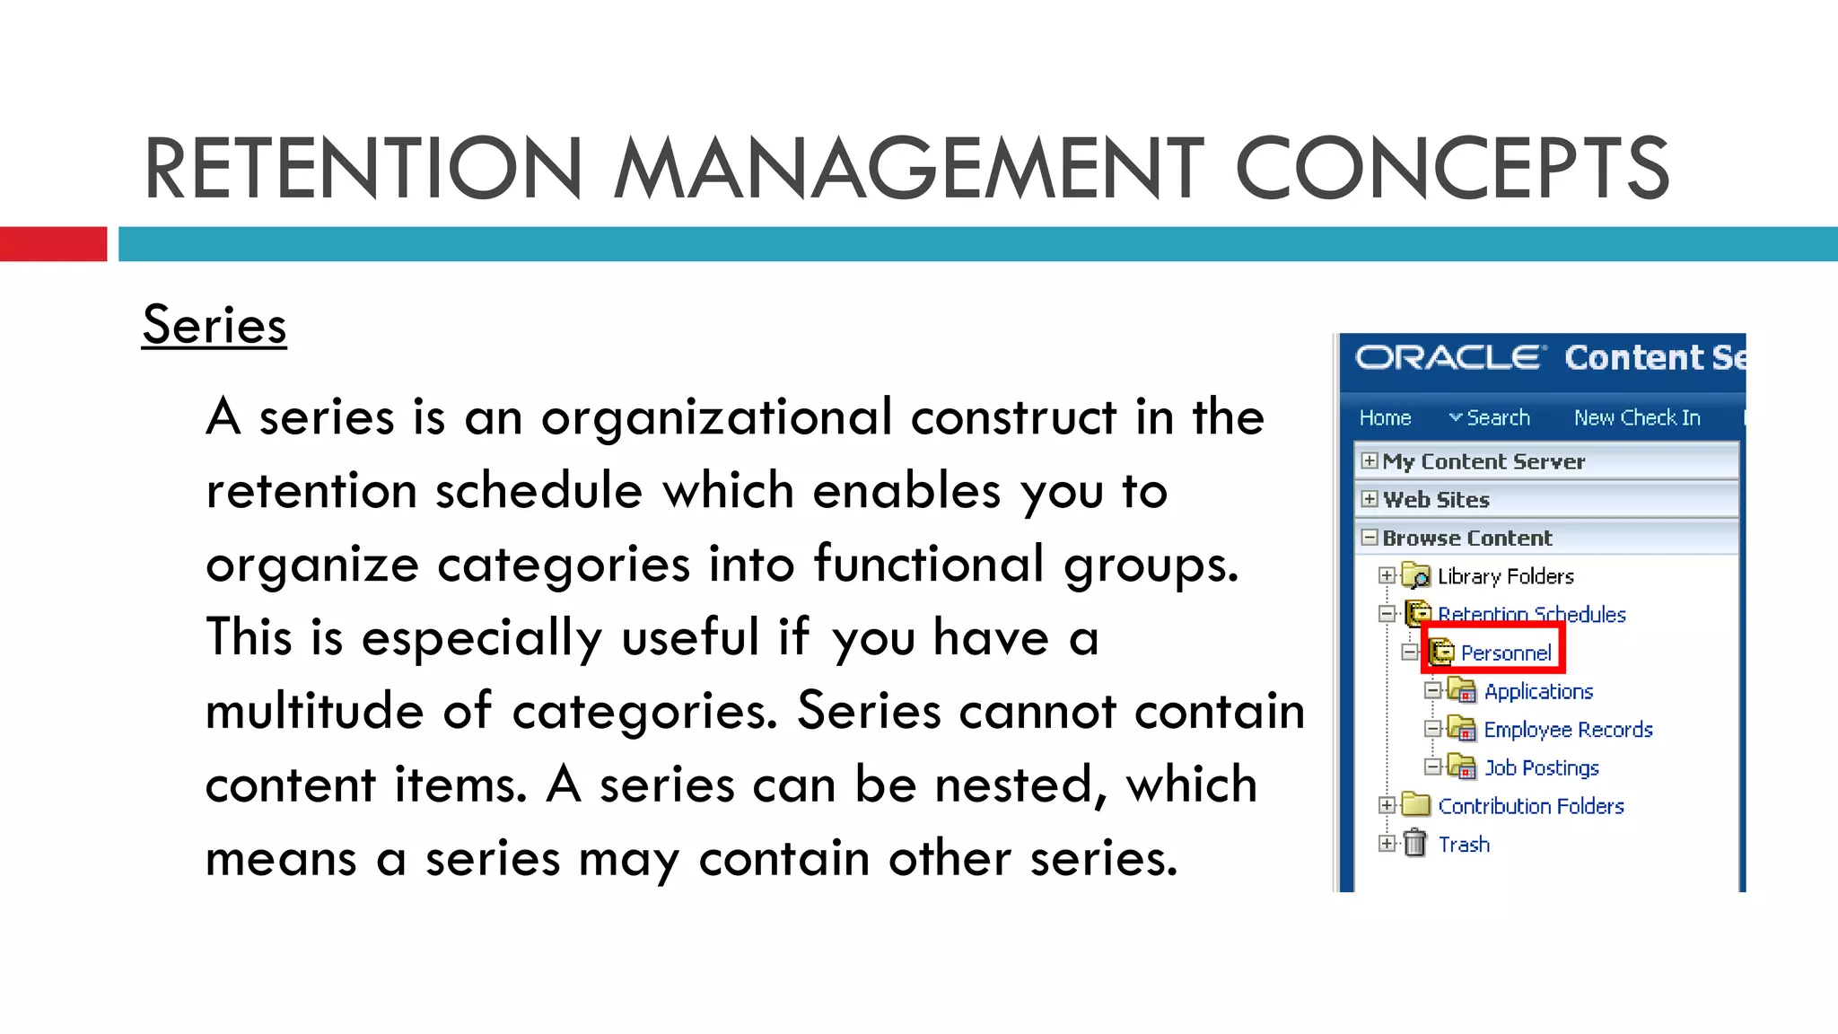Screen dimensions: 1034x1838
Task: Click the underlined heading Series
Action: [214, 325]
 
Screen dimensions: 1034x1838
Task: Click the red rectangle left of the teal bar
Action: [53, 244]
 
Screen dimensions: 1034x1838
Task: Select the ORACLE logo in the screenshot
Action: [1450, 357]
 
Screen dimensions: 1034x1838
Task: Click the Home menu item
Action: [1385, 418]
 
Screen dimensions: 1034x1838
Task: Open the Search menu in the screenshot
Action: [1490, 418]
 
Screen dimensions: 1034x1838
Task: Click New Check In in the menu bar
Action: [1637, 418]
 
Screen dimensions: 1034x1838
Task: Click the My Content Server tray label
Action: [1484, 461]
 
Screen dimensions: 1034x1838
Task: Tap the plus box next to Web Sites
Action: [1370, 499]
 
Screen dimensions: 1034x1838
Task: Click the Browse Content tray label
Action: [1466, 538]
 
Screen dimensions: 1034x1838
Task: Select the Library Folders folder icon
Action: [1416, 575]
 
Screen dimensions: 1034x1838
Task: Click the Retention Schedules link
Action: [1531, 614]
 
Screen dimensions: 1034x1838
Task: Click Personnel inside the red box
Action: [1505, 653]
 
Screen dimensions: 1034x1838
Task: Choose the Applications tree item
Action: [1538, 691]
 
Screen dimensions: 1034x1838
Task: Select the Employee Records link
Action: [1568, 730]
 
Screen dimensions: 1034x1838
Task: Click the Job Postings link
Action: [1541, 768]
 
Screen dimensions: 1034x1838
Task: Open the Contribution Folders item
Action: [1530, 806]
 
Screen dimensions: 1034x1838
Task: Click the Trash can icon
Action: [1415, 844]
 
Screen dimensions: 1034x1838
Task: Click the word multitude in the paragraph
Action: [314, 711]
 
